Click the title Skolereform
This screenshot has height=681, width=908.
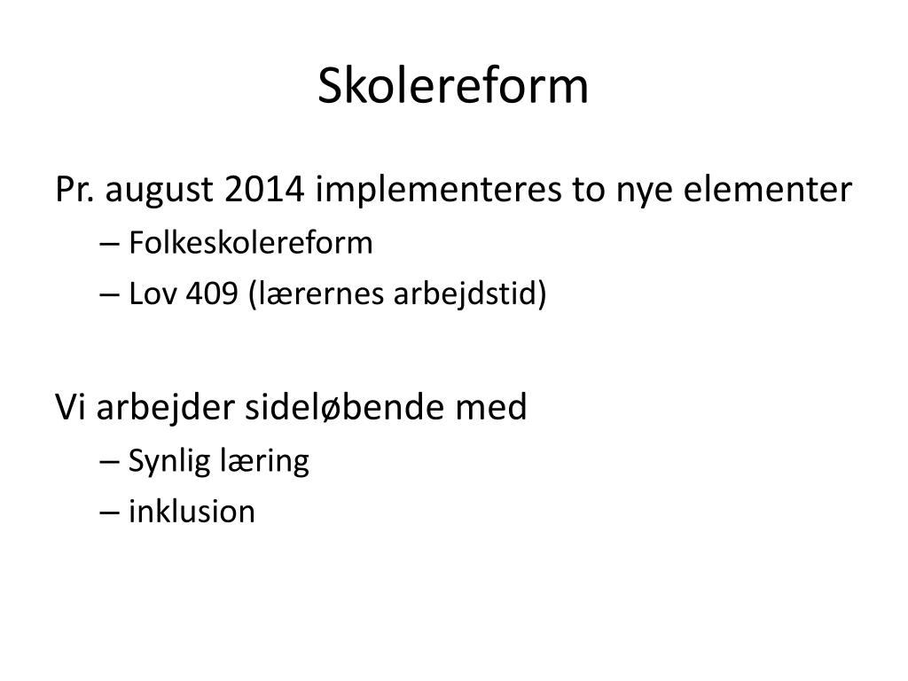click(453, 86)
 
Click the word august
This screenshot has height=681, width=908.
click(160, 191)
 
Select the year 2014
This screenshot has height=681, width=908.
click(264, 189)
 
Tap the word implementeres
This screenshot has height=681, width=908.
click(438, 190)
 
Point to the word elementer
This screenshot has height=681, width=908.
click(768, 189)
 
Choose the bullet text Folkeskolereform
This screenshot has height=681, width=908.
click(250, 242)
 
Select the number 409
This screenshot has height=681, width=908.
click(212, 294)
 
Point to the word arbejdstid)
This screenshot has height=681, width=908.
click(470, 294)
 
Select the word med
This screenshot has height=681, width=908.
click(491, 406)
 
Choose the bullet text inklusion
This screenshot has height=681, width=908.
click(192, 512)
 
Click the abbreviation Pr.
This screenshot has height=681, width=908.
click(74, 190)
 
